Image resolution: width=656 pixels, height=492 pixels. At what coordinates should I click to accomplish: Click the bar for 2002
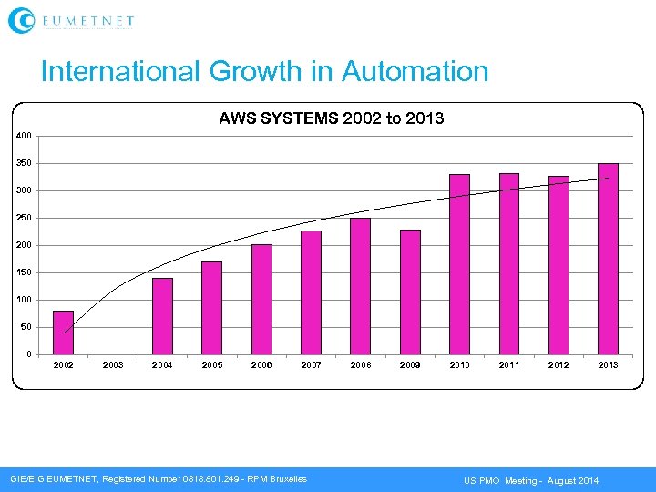click(63, 333)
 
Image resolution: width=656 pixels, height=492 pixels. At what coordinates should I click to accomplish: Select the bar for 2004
click(162, 316)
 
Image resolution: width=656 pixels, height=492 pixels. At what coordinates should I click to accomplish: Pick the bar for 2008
click(360, 286)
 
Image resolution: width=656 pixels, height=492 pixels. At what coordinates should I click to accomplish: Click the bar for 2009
click(410, 292)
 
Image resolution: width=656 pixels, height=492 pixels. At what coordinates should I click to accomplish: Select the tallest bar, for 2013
click(608, 259)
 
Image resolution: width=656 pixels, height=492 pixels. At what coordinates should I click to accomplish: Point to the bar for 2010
click(459, 264)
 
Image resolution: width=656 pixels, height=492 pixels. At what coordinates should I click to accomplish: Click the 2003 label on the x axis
click(113, 365)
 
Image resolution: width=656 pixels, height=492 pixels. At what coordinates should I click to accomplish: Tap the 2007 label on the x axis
click(311, 365)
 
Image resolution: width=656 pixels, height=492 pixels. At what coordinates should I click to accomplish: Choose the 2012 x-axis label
click(559, 365)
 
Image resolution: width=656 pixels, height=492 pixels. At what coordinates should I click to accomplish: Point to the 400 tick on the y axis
click(24, 136)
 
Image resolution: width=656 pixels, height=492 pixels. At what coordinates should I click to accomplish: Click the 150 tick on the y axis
click(24, 272)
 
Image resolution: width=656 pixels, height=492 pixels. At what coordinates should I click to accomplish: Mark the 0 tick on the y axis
click(28, 354)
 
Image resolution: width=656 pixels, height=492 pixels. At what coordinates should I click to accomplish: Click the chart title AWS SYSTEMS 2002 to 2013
click(331, 118)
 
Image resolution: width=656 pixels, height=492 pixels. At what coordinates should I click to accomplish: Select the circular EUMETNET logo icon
click(21, 20)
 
